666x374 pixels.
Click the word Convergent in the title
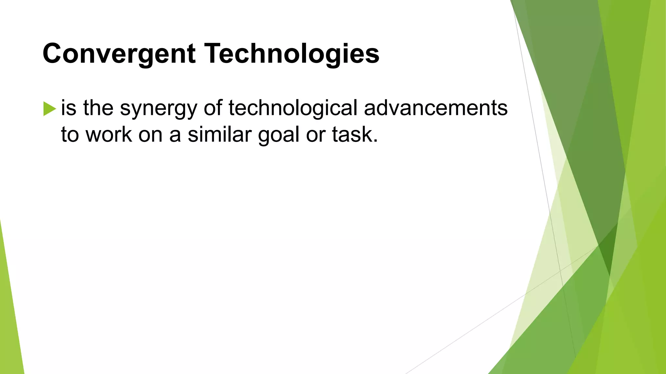[x=119, y=54]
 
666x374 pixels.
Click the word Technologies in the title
[x=292, y=54]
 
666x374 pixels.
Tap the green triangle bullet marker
[x=49, y=109]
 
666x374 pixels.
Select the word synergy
[x=158, y=109]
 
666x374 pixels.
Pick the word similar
[x=220, y=134]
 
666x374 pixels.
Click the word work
[x=109, y=134]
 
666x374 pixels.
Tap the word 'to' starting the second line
[x=70, y=135]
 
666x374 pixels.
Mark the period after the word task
[x=375, y=141]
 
